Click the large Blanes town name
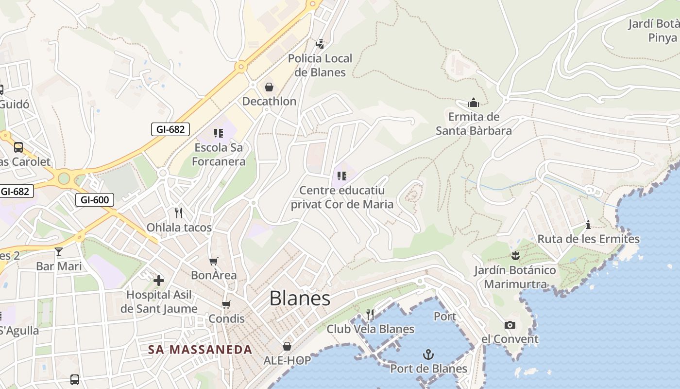click(300, 298)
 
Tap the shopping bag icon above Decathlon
click(269, 87)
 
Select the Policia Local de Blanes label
click(320, 65)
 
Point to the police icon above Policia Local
click(320, 44)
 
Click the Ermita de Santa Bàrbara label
click(474, 124)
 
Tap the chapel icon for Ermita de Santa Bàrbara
click(474, 103)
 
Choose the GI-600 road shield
click(95, 199)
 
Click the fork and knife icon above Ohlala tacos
click(179, 212)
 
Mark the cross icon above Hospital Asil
click(159, 281)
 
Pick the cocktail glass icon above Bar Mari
click(59, 252)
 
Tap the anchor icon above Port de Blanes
click(428, 354)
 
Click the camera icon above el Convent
click(510, 325)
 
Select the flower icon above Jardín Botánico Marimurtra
click(515, 256)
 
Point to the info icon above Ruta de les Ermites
click(588, 225)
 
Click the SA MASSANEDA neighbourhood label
click(200, 349)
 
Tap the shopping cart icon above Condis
click(226, 304)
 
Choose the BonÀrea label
click(214, 275)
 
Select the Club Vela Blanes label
click(370, 329)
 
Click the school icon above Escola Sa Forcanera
click(219, 133)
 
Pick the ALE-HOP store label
click(287, 360)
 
